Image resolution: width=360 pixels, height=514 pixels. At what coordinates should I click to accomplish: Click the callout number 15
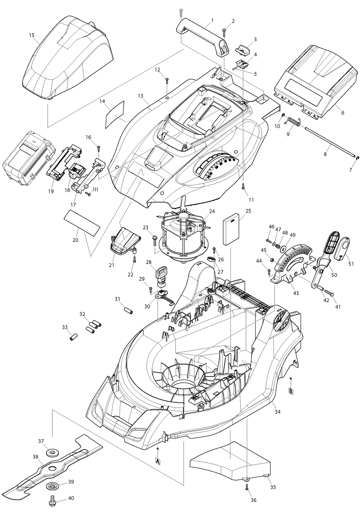click(x=32, y=36)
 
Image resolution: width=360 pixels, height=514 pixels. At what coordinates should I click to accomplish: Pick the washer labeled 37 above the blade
click(x=51, y=452)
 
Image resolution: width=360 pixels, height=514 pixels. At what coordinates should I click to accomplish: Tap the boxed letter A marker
click(x=158, y=461)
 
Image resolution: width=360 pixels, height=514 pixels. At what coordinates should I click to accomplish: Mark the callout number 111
click(x=95, y=190)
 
